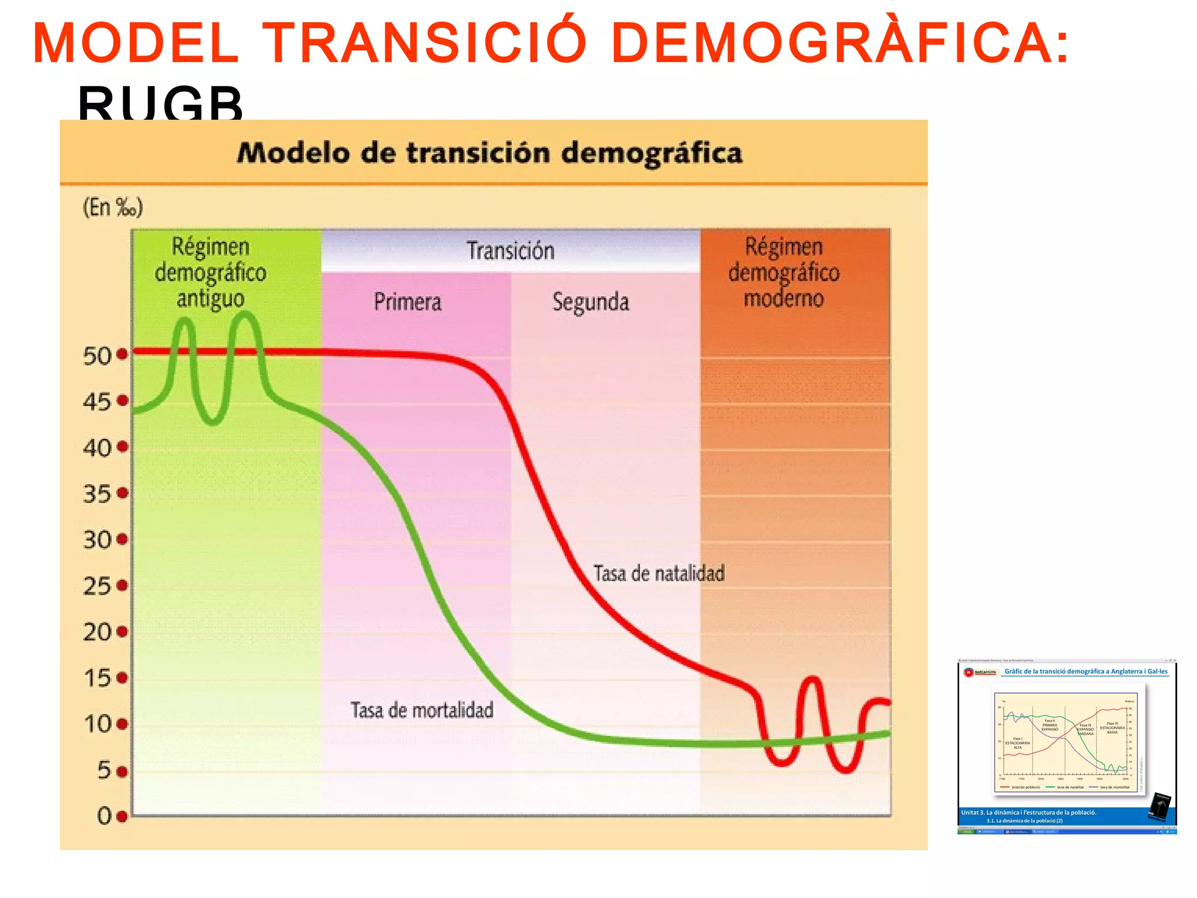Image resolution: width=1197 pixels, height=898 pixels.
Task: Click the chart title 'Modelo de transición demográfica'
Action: [x=490, y=153]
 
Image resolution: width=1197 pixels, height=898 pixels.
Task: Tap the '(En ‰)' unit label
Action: [x=113, y=208]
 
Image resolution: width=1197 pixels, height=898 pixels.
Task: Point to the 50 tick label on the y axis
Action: [x=97, y=355]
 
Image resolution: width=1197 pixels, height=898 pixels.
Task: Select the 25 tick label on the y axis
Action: [x=97, y=586]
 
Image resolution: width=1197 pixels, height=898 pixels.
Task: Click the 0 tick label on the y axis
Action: [x=104, y=816]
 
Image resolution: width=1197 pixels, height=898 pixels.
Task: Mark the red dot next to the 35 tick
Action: [x=122, y=493]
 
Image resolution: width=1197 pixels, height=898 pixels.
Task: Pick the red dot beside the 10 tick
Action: [x=122, y=724]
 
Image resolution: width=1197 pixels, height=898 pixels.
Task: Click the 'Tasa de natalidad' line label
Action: [x=659, y=574]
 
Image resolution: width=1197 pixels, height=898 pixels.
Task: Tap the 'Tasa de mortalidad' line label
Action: [x=422, y=710]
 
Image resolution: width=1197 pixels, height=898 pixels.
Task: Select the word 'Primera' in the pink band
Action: [x=407, y=302]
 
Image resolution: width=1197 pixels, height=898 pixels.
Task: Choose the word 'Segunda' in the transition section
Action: [x=591, y=302]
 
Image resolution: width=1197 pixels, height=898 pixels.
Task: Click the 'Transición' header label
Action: [x=510, y=251]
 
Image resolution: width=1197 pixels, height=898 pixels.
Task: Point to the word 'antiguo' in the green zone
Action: [x=210, y=299]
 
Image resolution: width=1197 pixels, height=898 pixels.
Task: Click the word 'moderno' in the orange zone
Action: [x=783, y=298]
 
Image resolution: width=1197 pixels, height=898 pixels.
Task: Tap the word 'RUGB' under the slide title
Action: [x=160, y=102]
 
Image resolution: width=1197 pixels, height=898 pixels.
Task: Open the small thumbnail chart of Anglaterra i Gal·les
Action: [x=1067, y=745]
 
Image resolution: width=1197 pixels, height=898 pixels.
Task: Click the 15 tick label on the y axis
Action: [x=97, y=678]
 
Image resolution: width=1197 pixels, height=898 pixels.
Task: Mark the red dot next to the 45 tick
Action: [x=122, y=400]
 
